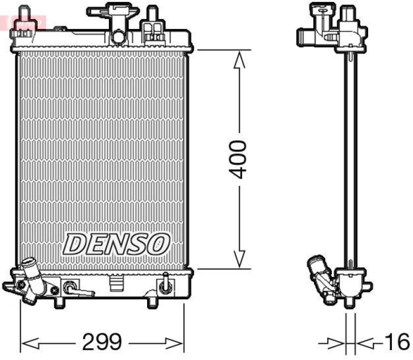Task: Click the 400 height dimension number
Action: (239, 159)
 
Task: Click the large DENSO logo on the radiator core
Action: (117, 243)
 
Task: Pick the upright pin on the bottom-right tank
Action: (166, 281)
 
